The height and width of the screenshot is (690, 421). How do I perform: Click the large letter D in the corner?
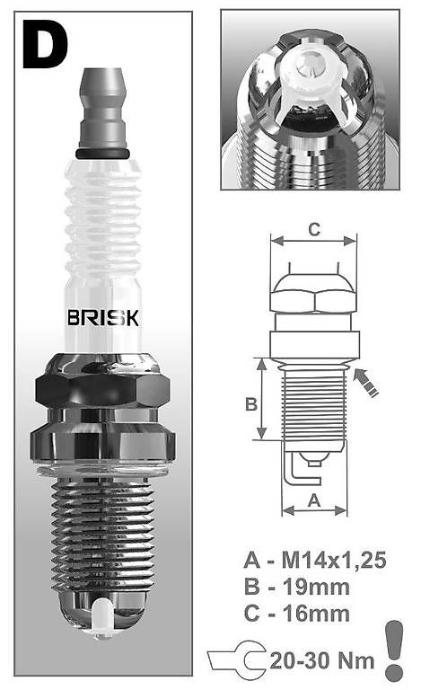click(x=45, y=44)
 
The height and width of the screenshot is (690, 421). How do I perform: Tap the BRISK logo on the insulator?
click(x=103, y=318)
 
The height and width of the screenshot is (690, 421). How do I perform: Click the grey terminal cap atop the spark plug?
click(x=102, y=108)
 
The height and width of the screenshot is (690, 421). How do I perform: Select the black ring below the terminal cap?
click(x=102, y=154)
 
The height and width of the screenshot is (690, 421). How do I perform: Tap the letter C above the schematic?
click(x=314, y=229)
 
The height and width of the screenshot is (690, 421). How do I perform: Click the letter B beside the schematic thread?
click(x=251, y=404)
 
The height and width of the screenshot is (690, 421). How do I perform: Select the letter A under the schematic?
click(x=314, y=500)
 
